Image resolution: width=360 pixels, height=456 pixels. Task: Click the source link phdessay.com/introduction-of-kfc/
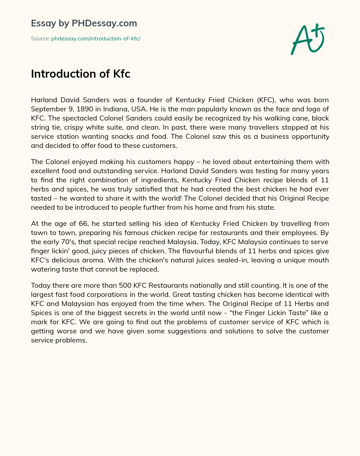point(96,39)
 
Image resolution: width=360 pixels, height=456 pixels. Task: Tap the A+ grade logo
point(307,39)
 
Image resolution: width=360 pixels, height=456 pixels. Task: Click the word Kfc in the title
point(122,74)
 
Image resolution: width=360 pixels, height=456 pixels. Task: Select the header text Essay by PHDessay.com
point(84,24)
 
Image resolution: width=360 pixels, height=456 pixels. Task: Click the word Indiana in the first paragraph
point(116,109)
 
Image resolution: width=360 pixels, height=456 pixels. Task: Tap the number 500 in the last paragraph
point(125,285)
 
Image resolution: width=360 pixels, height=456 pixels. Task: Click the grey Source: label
point(40,39)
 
